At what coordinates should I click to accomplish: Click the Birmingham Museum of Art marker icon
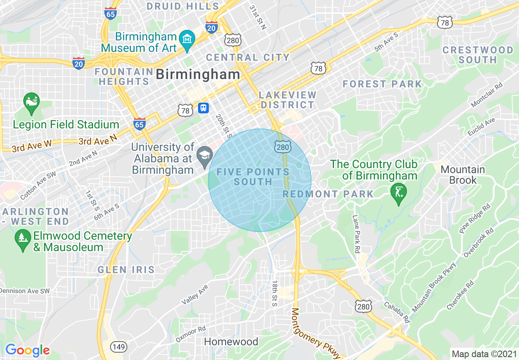click(187, 40)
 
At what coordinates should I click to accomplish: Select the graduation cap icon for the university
click(204, 155)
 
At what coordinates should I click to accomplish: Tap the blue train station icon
click(203, 108)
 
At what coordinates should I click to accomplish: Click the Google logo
click(27, 350)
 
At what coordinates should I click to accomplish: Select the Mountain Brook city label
click(463, 175)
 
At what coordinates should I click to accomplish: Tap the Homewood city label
click(231, 342)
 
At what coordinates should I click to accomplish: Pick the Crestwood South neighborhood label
click(478, 55)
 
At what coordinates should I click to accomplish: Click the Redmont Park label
click(328, 194)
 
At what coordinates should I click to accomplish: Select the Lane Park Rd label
click(356, 234)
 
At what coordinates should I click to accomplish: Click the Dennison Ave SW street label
click(25, 291)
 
